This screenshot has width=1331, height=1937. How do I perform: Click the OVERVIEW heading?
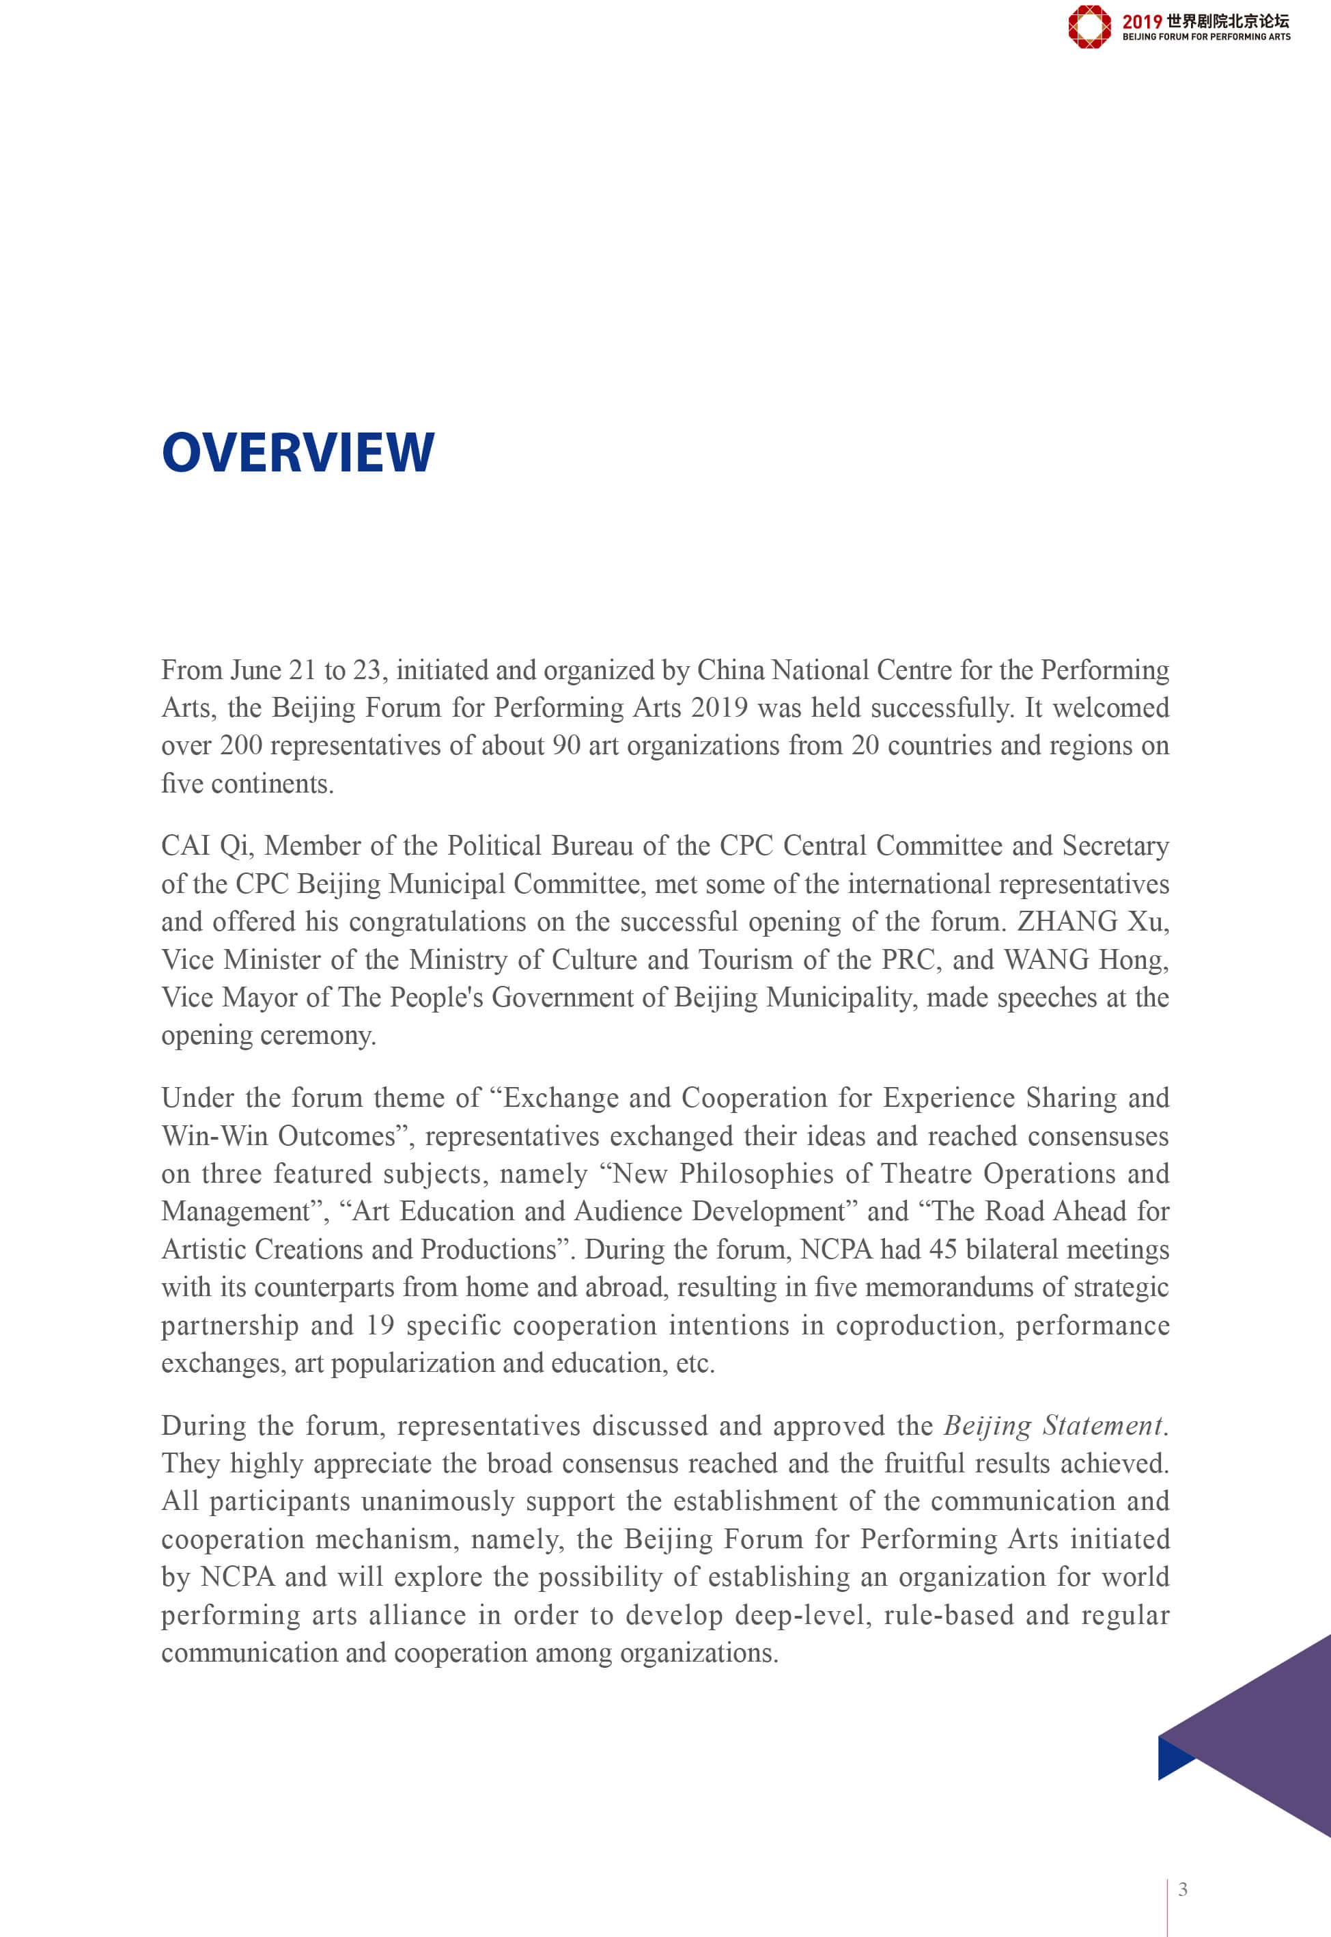tap(298, 453)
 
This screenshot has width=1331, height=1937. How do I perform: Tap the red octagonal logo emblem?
tap(1089, 27)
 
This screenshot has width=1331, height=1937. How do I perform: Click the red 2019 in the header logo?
tap(1141, 22)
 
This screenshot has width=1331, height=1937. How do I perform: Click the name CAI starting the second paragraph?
tap(186, 846)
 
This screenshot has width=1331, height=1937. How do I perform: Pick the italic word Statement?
tap(1102, 1426)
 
